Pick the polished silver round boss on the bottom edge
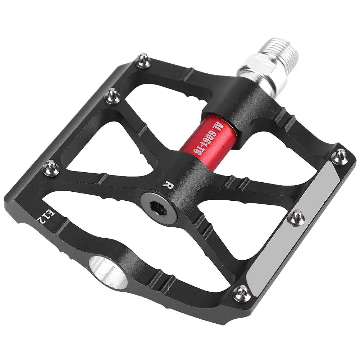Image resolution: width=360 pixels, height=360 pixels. coord(108,272)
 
